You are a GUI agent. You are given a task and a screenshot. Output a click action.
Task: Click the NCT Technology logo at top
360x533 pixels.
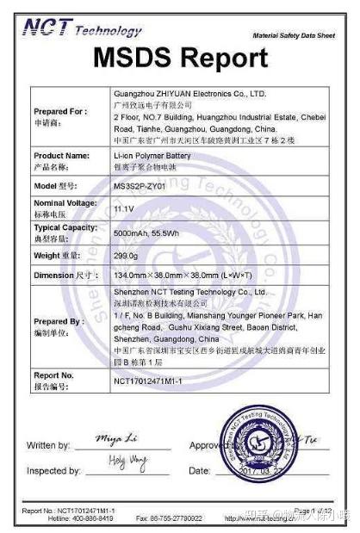82,30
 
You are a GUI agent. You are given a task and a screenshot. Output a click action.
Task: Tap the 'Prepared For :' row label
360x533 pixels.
60,111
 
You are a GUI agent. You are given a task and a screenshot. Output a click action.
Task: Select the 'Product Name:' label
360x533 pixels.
61,156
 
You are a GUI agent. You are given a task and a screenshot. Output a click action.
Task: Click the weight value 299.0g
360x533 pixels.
127,255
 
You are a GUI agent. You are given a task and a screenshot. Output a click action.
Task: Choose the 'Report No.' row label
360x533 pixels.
53,375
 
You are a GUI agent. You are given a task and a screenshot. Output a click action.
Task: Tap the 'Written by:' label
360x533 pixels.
48,445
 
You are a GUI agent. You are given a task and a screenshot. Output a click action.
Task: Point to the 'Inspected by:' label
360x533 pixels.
53,471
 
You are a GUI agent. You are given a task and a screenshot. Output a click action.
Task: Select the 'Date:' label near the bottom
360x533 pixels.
199,471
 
